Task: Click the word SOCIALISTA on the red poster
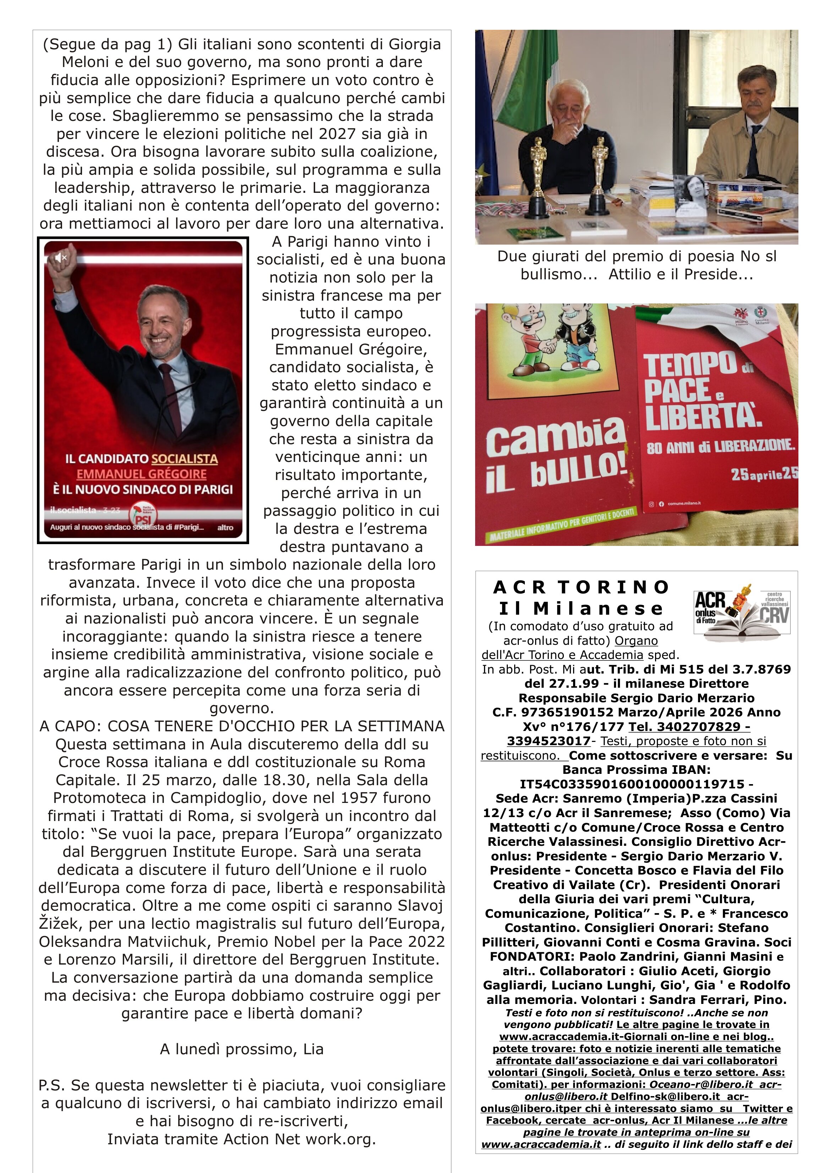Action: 185,459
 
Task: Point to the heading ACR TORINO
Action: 581,587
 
